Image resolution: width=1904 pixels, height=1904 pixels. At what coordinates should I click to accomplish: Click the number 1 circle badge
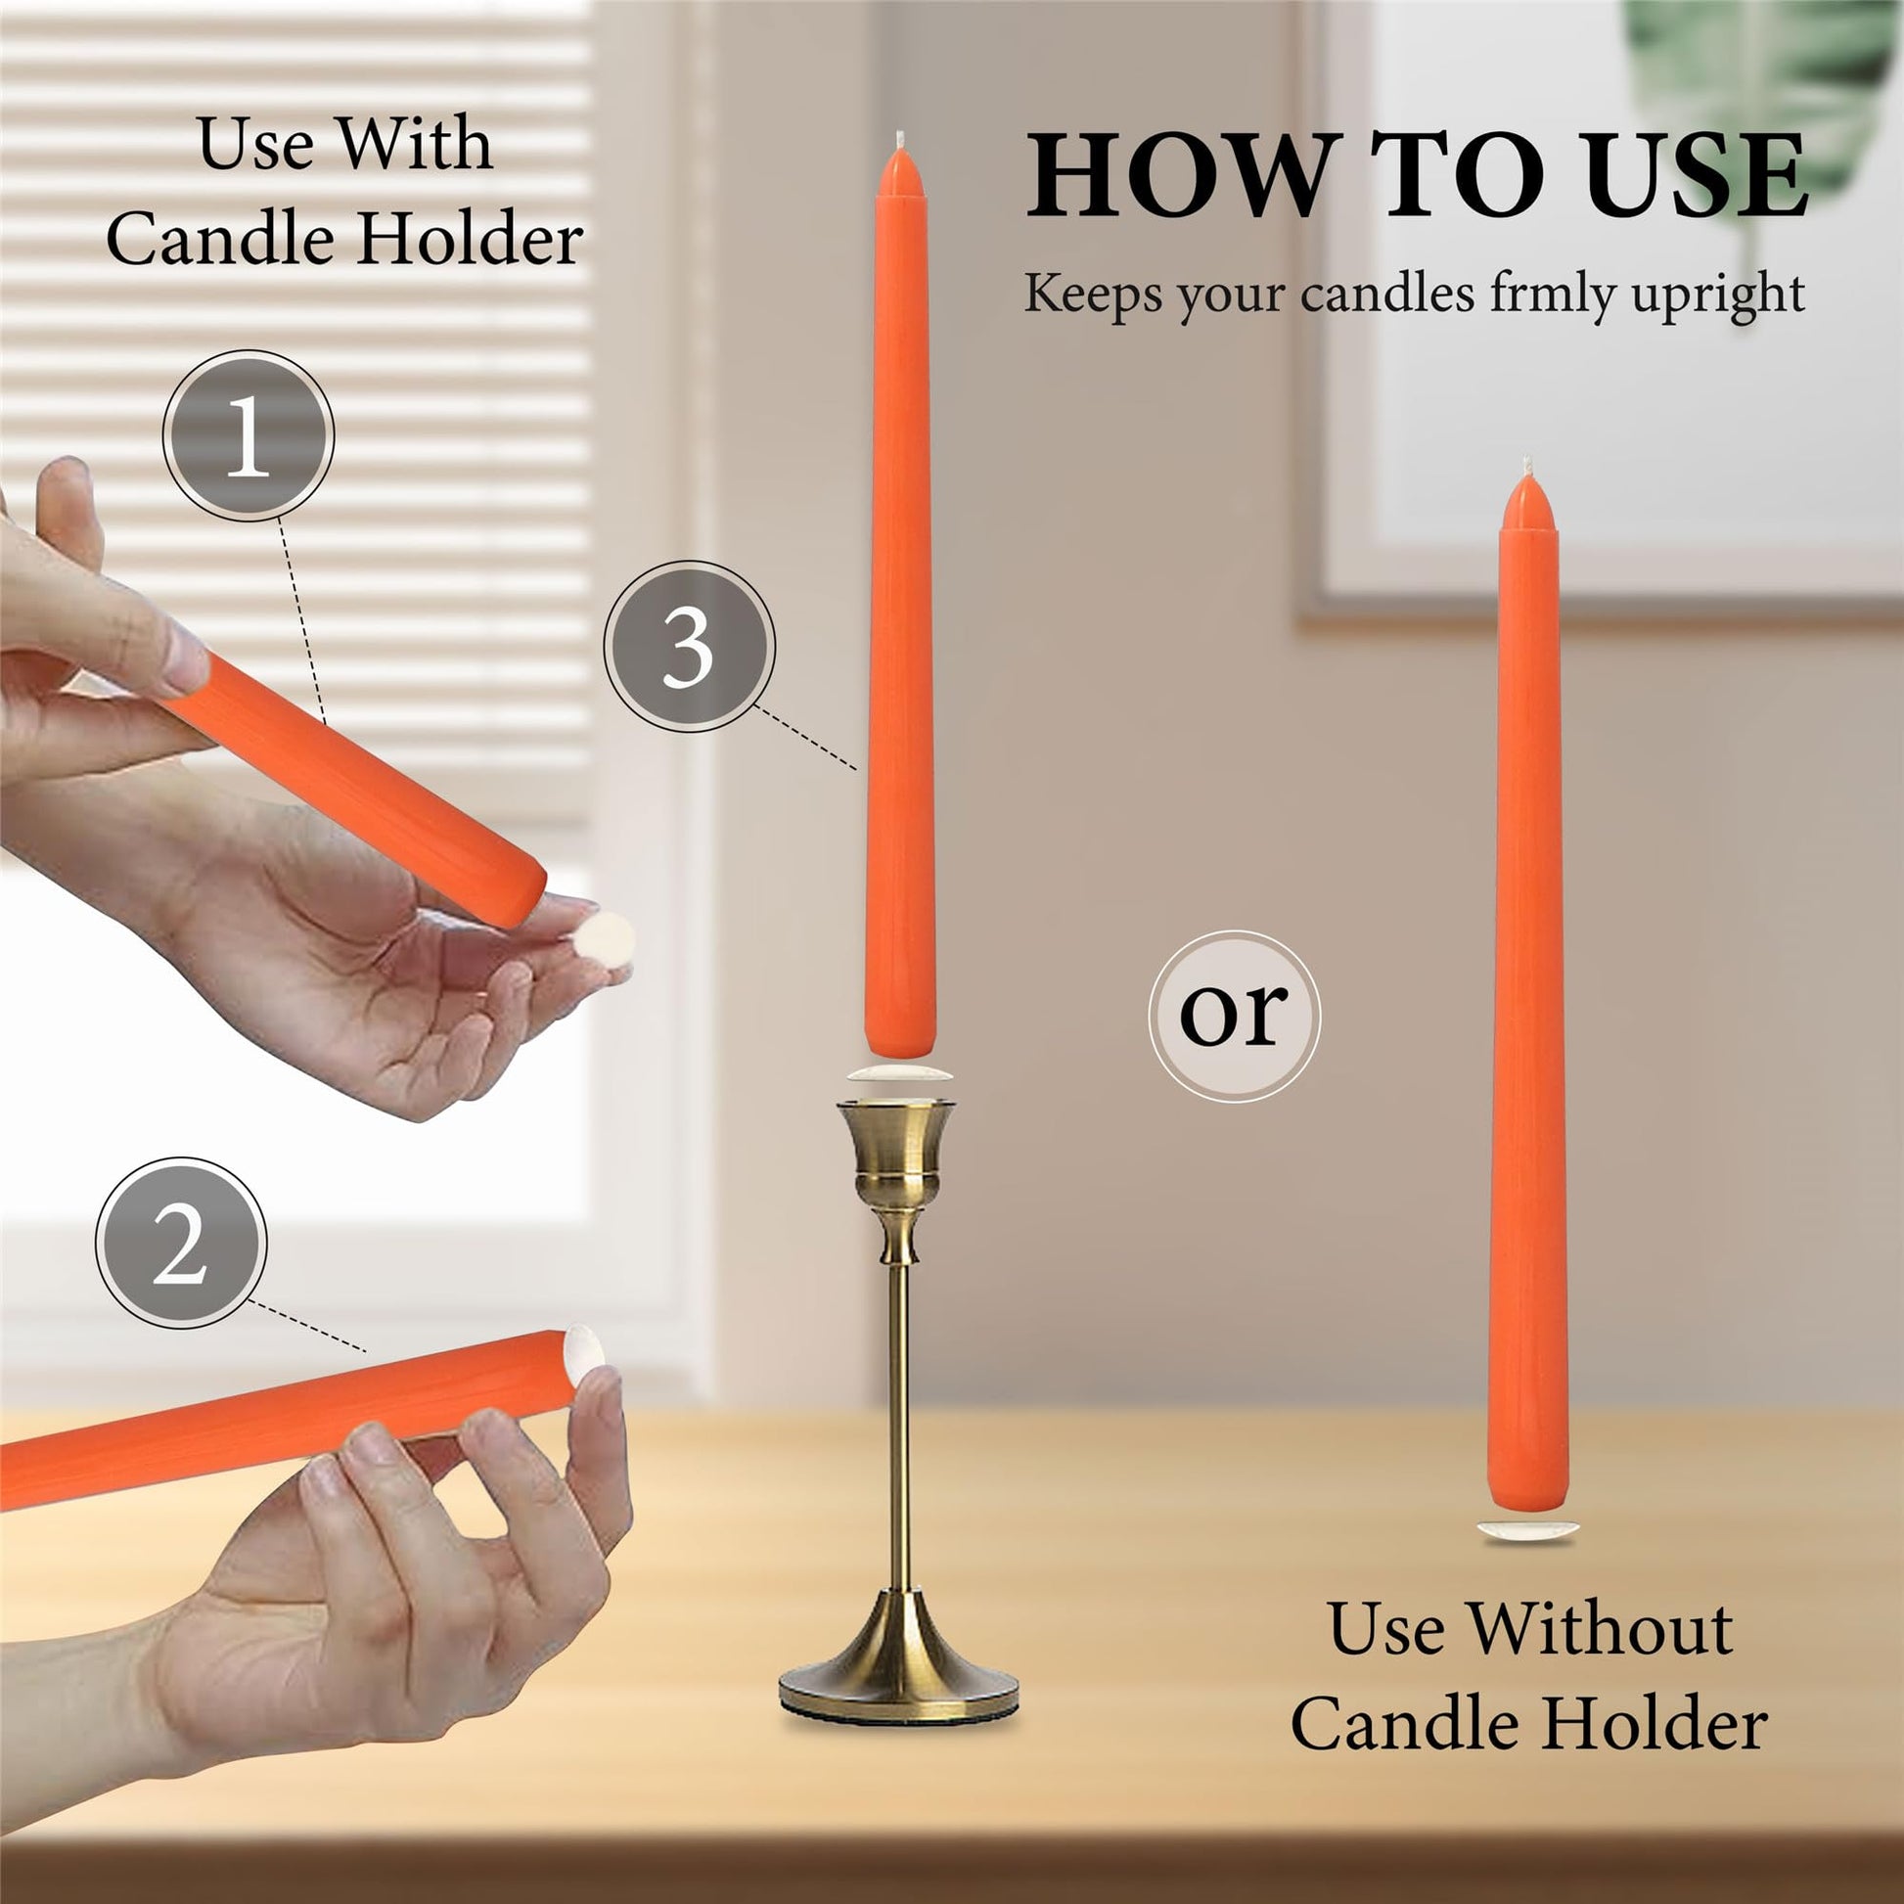(x=249, y=434)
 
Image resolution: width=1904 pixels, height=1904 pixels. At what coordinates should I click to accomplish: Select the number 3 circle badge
(x=689, y=647)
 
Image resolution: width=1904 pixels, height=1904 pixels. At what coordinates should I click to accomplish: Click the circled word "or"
(x=1234, y=1016)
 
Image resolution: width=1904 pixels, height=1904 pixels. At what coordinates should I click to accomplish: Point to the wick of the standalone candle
(x=1528, y=466)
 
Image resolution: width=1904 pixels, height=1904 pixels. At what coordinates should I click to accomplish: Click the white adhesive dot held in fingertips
(x=603, y=935)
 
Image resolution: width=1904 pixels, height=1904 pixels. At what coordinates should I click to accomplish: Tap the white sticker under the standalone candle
(x=1527, y=1530)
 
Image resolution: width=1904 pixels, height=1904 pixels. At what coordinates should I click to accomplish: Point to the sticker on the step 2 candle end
(x=582, y=1351)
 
